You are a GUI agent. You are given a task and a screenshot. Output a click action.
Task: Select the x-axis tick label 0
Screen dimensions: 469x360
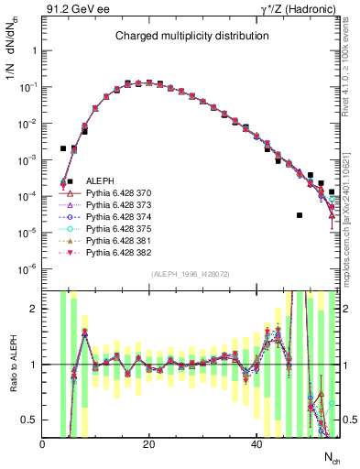click(43, 444)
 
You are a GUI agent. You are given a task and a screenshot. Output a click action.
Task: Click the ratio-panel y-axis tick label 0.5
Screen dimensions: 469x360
click(31, 420)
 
